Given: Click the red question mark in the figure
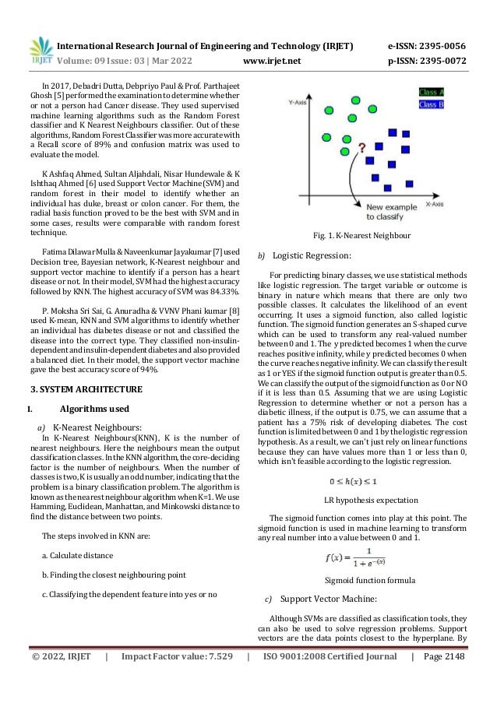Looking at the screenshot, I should tap(361, 146).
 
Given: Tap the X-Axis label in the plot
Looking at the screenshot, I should tap(435, 204).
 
